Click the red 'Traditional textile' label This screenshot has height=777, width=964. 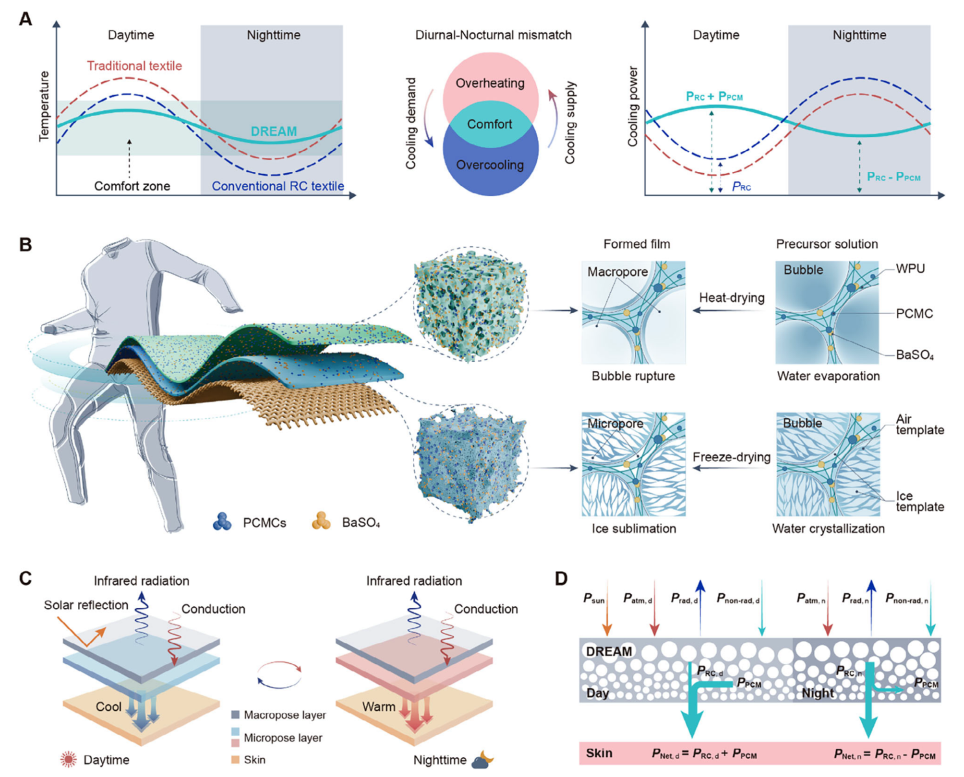(134, 66)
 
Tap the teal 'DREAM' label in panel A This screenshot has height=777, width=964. (273, 131)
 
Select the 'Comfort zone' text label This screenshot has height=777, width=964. (132, 186)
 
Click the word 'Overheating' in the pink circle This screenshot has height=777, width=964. (490, 83)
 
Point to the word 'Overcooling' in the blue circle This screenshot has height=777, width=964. (490, 165)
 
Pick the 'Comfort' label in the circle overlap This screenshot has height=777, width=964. (490, 124)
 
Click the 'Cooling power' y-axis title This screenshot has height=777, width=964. (632, 106)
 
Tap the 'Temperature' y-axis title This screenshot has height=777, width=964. (44, 106)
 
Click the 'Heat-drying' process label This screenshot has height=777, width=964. (732, 298)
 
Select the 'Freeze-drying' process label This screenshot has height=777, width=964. (732, 457)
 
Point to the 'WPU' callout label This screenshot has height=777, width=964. (910, 269)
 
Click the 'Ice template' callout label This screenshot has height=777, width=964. (920, 501)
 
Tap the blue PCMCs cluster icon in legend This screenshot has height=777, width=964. (223, 522)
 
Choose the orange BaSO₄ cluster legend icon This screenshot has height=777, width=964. (321, 521)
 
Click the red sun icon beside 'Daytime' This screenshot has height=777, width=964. (68, 759)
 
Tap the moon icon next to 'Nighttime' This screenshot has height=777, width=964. (482, 759)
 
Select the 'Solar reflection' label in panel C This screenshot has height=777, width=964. (86, 605)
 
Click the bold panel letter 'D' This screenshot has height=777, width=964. (562, 578)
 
